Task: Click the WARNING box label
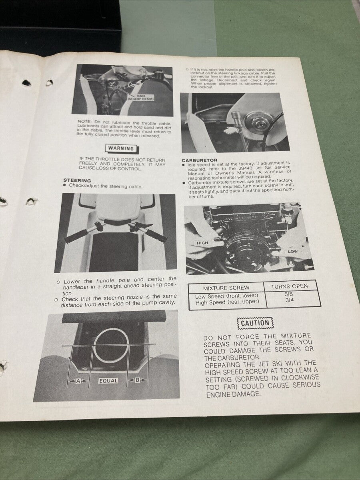point(121,148)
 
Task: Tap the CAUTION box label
point(255,323)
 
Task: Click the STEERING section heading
point(77,180)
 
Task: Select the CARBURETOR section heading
point(199,160)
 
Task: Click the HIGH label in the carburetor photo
point(203,243)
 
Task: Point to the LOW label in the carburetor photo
point(292,251)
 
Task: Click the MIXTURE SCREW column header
point(226,288)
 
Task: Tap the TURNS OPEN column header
point(289,286)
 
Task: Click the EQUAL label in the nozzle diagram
point(108,381)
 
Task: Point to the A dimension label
point(78,381)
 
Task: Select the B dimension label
point(137,380)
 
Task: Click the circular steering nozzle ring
point(111,346)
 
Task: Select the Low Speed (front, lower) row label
point(226,296)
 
